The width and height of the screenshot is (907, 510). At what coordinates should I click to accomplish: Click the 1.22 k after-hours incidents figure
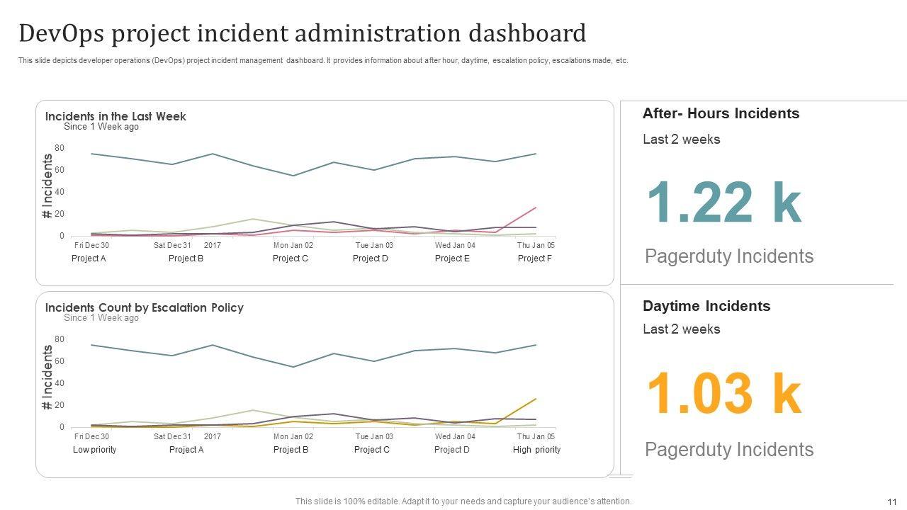click(x=723, y=203)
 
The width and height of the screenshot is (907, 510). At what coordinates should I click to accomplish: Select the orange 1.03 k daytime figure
click(x=723, y=395)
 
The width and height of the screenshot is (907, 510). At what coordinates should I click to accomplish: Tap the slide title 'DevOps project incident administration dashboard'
click(x=303, y=33)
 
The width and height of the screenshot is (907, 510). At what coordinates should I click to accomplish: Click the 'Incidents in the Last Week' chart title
click(x=116, y=116)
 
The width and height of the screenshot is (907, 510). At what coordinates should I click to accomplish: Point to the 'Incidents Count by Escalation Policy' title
click(x=145, y=307)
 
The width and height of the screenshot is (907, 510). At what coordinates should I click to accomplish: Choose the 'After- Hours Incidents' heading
click(x=721, y=113)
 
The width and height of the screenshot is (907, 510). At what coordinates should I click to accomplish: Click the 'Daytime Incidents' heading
click(x=706, y=306)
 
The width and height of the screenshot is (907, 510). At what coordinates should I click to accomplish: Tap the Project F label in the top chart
click(x=534, y=259)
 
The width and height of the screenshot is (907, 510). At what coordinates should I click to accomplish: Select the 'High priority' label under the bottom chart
click(x=536, y=450)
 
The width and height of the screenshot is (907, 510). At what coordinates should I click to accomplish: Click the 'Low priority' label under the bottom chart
click(x=94, y=450)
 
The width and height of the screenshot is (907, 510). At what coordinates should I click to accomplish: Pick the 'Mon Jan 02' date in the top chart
click(x=293, y=245)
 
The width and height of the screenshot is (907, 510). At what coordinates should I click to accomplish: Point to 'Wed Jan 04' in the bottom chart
click(x=455, y=436)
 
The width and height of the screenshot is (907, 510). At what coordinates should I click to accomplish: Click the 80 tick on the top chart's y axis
click(x=60, y=148)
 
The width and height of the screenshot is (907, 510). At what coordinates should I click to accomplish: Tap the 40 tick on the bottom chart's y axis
click(x=60, y=383)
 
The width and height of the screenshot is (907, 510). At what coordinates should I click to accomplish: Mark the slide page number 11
click(x=891, y=501)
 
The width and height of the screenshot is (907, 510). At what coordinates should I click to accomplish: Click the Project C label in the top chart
click(x=291, y=259)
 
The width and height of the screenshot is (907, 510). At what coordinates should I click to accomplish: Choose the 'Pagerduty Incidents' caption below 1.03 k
click(x=729, y=450)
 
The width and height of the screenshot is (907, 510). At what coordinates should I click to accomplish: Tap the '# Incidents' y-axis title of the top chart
click(x=47, y=186)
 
